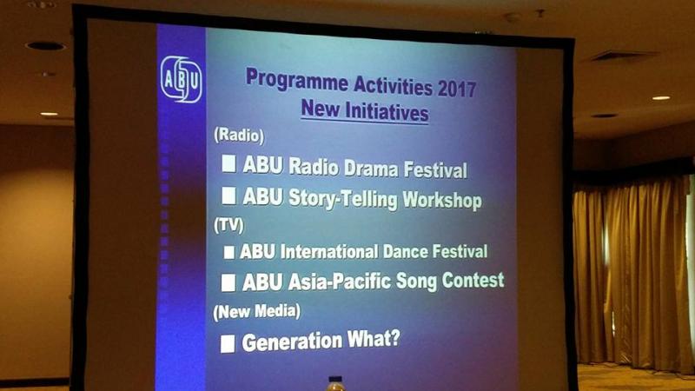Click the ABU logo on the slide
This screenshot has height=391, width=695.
[x=182, y=79]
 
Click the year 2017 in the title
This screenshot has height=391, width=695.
[x=457, y=89]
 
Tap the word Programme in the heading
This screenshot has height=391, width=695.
[x=297, y=81]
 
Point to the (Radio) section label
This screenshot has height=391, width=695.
[x=239, y=136]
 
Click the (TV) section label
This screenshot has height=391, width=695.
[x=228, y=225]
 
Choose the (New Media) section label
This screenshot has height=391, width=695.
[x=256, y=312]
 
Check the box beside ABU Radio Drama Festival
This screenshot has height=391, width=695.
[x=228, y=163]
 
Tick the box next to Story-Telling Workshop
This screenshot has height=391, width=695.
[x=228, y=195]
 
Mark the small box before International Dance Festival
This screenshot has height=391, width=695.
[x=228, y=252]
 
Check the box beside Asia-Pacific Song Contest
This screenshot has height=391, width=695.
[x=228, y=282]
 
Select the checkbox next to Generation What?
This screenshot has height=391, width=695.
[x=228, y=343]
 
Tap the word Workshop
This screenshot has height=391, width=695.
[x=442, y=200]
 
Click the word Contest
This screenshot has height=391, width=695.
[x=473, y=280]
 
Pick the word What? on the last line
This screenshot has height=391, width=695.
[x=374, y=339]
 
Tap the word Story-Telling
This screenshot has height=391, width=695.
[x=343, y=199]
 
